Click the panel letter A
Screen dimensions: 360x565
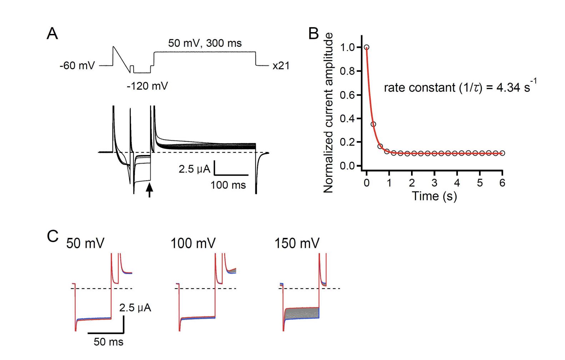tap(52, 34)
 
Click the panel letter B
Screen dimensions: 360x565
tap(313, 34)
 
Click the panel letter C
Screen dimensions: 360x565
tap(52, 236)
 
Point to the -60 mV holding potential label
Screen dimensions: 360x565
tap(77, 66)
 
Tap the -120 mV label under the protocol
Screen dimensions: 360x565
tap(147, 86)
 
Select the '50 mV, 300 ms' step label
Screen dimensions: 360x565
tap(205, 43)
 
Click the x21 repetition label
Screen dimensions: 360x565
tap(281, 66)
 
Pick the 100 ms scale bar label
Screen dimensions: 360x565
tap(228, 185)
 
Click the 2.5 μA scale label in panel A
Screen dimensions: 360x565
tap(194, 169)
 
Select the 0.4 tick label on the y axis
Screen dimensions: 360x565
tap(348, 118)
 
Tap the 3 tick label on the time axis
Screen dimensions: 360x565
tap(434, 183)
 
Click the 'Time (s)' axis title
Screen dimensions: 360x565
tap(434, 196)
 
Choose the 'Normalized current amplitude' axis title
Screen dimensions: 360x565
tap(328, 113)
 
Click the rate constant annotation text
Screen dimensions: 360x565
tap(460, 87)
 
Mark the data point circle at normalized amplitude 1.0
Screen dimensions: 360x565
tap(366, 47)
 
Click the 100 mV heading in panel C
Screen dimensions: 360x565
tap(193, 244)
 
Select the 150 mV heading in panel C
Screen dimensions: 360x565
tap(297, 244)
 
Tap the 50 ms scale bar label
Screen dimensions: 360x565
tap(109, 342)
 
